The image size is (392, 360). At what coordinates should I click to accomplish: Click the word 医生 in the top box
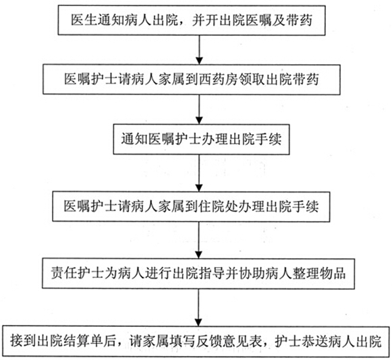click(84, 20)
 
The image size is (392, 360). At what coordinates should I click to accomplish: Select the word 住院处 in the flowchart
click(217, 206)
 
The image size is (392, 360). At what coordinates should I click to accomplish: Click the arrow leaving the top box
click(199, 50)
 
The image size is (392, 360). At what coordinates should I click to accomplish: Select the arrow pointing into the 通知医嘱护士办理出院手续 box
click(199, 109)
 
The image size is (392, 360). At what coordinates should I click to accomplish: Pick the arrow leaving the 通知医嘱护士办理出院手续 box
click(199, 173)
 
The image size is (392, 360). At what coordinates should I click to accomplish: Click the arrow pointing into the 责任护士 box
click(199, 240)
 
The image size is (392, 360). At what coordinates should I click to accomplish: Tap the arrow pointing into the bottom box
click(198, 307)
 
